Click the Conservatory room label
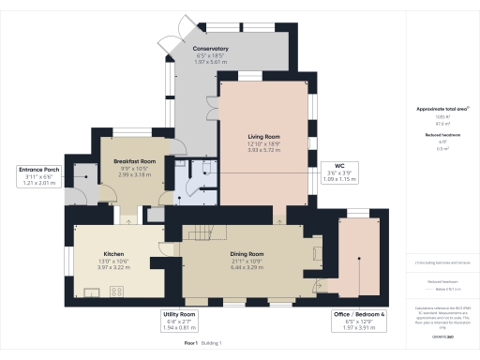click(211, 49)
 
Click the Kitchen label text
click(113, 253)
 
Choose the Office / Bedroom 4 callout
click(360, 320)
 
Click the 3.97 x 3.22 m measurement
click(113, 267)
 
